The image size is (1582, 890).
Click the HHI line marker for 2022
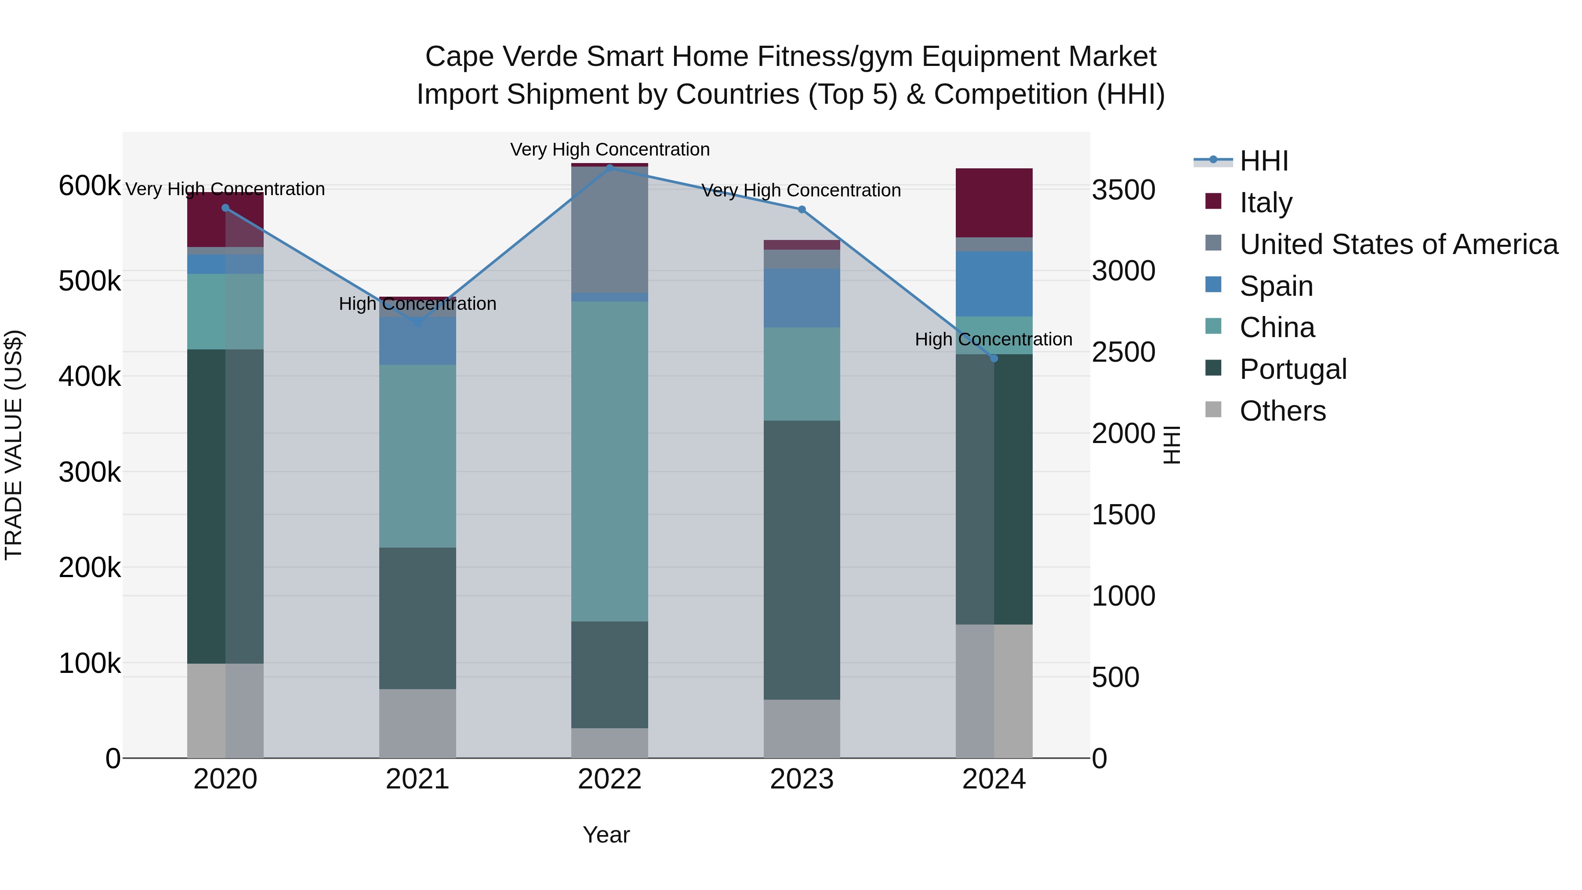(609, 167)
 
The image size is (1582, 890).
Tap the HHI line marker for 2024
(994, 358)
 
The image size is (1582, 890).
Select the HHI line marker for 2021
(417, 322)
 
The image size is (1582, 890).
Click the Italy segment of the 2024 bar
(994, 203)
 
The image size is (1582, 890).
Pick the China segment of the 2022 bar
(609, 461)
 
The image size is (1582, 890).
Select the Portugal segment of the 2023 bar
(802, 559)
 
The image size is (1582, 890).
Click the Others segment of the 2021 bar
(417, 723)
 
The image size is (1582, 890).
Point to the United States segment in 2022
(609, 230)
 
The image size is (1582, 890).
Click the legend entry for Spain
(1276, 286)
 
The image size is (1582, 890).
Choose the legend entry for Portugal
(1293, 369)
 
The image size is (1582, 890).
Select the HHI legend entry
(1263, 161)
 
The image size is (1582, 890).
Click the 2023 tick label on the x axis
(802, 779)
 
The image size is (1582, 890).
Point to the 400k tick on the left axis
(90, 377)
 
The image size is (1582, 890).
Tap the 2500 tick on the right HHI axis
(1123, 352)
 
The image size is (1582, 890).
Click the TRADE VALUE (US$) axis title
(14, 445)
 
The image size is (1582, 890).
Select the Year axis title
(606, 835)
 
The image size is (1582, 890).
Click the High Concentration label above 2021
(417, 303)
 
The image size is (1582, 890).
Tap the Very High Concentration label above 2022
(609, 149)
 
